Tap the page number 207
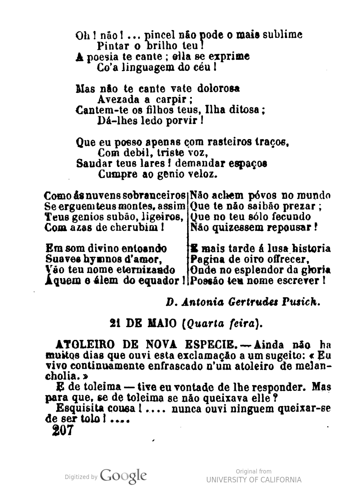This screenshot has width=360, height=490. (x=63, y=431)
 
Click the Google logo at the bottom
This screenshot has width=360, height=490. (x=124, y=476)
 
